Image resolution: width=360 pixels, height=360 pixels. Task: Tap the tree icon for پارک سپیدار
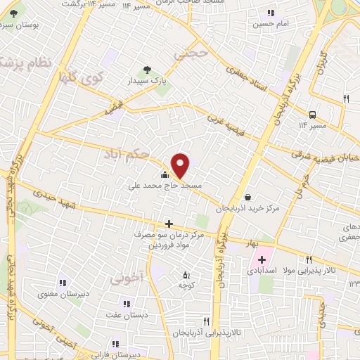pyautogui.click(x=146, y=69)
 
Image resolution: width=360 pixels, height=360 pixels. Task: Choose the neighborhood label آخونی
pyautogui.click(x=126, y=277)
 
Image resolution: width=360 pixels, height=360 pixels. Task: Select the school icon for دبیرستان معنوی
pyautogui.click(x=63, y=283)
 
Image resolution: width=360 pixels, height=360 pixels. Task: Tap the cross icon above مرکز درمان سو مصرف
pyautogui.click(x=169, y=224)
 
